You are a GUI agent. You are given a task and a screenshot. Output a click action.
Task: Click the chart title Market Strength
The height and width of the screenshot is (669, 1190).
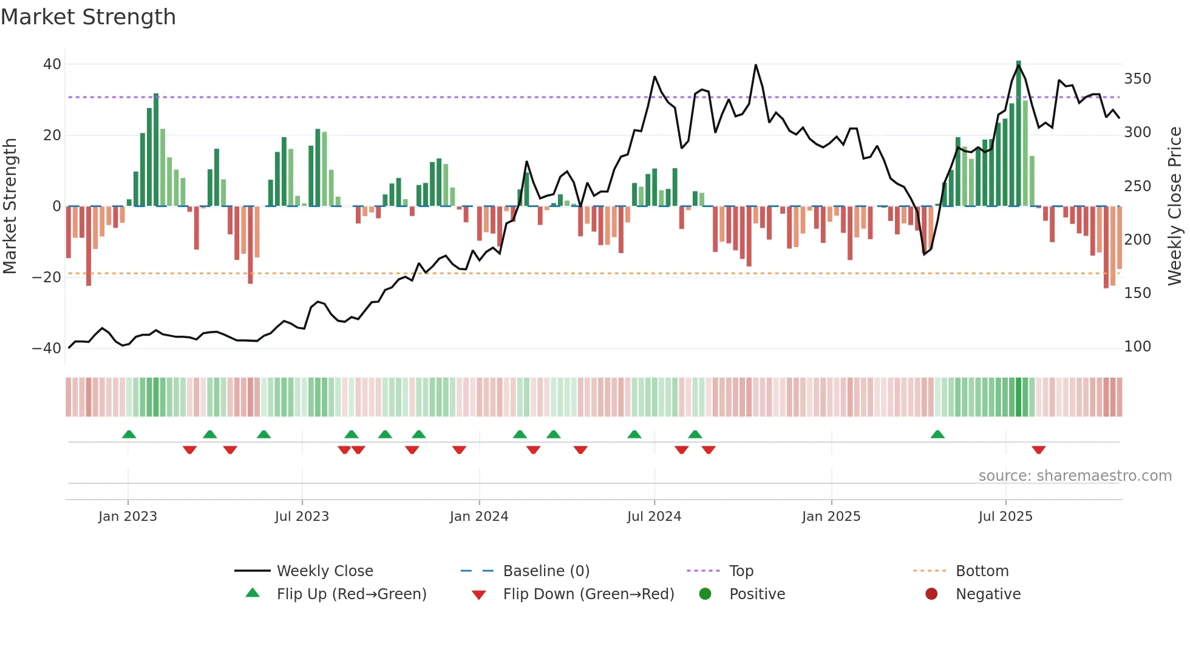[x=88, y=17]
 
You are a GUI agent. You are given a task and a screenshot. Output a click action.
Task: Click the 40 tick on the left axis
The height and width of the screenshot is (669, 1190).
[x=52, y=64]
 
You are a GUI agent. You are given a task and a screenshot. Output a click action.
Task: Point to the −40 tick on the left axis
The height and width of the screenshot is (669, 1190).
[x=47, y=348]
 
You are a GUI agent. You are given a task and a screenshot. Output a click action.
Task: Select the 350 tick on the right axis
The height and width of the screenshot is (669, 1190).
[x=1137, y=79]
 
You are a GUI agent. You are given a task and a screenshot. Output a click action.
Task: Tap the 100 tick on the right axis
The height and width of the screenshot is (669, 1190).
[x=1137, y=347]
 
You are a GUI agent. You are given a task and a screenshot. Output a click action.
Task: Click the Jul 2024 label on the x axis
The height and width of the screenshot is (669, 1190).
[x=654, y=517]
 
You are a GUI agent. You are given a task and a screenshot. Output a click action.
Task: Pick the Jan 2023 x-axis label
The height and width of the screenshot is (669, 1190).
[x=127, y=517]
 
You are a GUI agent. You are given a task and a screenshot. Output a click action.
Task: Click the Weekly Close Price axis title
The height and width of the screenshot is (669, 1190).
[x=1175, y=206]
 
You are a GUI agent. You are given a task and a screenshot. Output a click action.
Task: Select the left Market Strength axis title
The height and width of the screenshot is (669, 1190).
[x=10, y=206]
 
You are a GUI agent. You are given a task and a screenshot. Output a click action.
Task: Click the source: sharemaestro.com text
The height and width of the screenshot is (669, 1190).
[x=1075, y=476]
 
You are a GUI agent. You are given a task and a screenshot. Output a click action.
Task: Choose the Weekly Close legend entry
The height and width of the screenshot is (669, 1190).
[x=325, y=571]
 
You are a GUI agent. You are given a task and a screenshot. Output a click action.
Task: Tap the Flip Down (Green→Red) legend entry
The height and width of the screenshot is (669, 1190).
[x=588, y=594]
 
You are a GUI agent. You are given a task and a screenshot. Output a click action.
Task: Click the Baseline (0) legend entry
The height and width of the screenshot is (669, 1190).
[x=546, y=571]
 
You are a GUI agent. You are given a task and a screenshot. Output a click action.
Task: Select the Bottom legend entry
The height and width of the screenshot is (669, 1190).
[x=982, y=571]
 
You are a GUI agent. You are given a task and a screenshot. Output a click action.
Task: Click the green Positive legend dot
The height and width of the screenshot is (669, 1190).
[x=705, y=594]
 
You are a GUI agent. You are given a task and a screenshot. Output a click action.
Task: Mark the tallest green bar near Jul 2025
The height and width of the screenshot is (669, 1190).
[x=1018, y=134]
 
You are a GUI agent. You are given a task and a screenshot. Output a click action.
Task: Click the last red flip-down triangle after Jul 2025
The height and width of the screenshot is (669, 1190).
[x=1038, y=450]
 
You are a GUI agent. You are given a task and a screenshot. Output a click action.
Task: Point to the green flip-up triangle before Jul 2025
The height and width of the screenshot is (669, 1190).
[x=937, y=434]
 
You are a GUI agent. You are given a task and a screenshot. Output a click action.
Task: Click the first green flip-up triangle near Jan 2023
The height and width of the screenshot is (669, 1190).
[x=129, y=434]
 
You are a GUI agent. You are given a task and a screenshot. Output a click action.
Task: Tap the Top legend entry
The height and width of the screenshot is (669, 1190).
[x=741, y=571]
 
